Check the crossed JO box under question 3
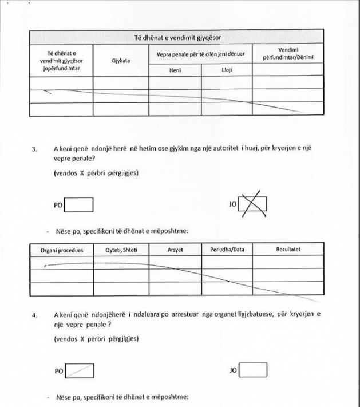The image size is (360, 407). click(254, 204)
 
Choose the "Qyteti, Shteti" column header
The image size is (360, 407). click(121, 250)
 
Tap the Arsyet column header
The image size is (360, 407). click(175, 250)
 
